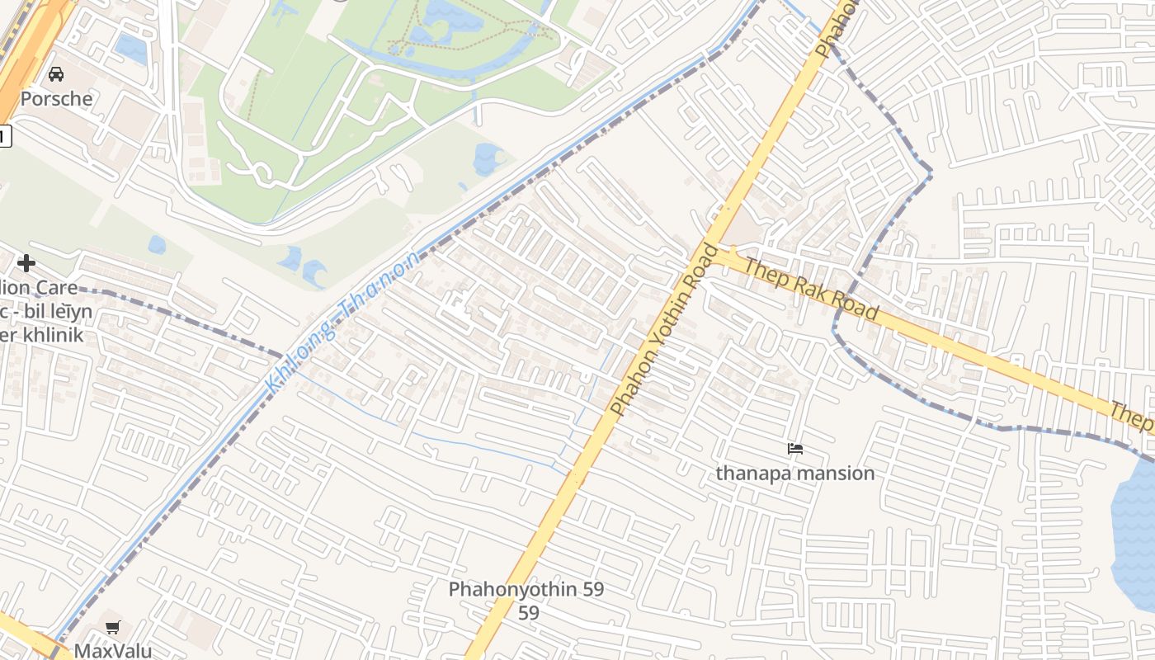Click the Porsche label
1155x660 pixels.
point(56,99)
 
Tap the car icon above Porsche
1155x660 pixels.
point(56,74)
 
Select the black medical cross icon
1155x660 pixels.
point(26,263)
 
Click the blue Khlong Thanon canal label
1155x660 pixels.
point(342,323)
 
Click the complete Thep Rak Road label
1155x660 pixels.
point(810,288)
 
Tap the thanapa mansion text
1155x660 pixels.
point(794,474)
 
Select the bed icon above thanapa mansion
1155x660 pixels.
point(795,449)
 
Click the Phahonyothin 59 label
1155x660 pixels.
point(526,590)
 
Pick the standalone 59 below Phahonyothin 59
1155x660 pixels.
point(529,613)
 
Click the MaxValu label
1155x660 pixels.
point(113,650)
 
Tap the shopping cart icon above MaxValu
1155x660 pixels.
point(113,627)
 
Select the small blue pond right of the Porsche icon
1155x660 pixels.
point(130,48)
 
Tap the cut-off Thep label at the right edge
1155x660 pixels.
point(1132,416)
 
